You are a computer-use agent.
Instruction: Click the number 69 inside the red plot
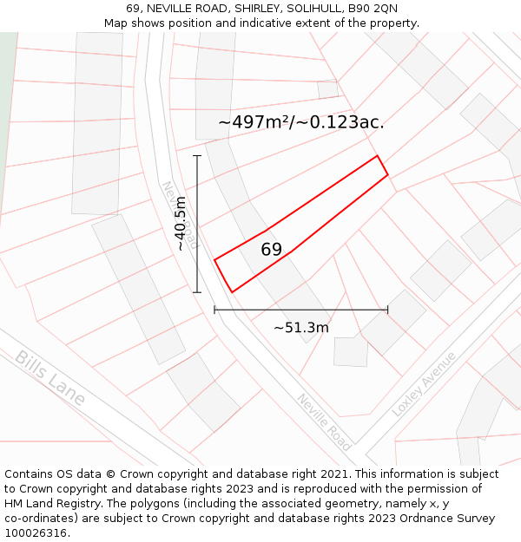point(272,250)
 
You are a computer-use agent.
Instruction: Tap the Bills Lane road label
point(50,378)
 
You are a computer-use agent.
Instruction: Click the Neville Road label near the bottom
point(324,421)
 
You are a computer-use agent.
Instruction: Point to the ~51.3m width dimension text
point(301,328)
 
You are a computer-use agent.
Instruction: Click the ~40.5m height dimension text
point(181,224)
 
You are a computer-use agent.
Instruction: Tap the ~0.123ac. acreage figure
point(340,122)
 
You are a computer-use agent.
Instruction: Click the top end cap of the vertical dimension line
point(197,156)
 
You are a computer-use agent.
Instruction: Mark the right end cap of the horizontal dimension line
point(388,310)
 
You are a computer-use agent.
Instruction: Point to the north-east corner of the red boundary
point(377,156)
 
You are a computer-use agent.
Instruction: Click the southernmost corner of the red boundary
point(232,292)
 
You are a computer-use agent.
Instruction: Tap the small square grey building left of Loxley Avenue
point(351,351)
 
